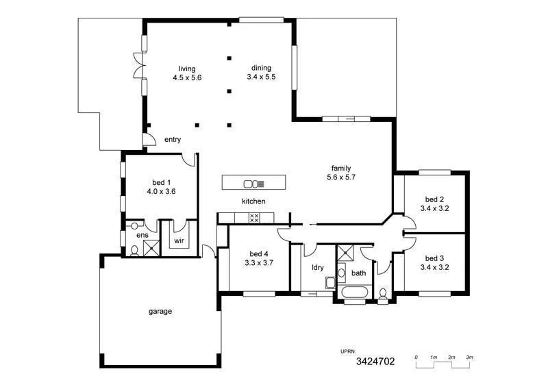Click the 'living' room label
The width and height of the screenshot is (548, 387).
(187, 69)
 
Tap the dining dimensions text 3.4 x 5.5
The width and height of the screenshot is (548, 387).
(260, 77)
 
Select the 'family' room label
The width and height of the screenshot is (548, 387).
(340, 168)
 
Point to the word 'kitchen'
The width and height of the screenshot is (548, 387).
(253, 201)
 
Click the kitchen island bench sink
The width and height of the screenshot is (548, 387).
(251, 183)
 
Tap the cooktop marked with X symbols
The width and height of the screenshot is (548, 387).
(253, 218)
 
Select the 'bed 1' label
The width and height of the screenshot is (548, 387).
(161, 182)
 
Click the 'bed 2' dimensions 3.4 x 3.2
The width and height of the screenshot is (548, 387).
(434, 208)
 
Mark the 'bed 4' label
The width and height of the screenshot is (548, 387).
(258, 252)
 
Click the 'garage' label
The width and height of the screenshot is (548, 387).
(160, 311)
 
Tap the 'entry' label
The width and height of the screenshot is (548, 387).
(172, 140)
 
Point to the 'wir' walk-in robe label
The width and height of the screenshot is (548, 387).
(179, 241)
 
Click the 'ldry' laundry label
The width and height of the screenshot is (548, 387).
(317, 267)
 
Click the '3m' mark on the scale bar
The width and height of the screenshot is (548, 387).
(470, 358)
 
